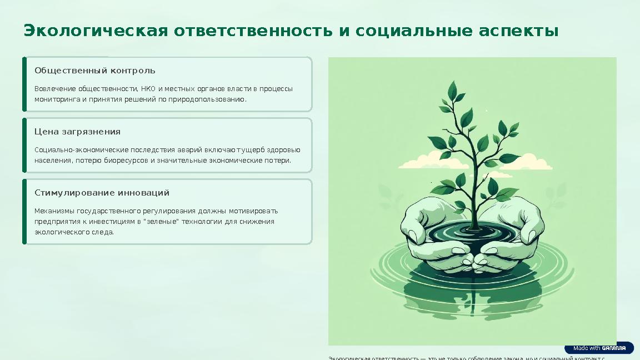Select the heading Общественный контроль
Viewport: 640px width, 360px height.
point(94,71)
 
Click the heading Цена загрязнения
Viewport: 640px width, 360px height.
point(77,132)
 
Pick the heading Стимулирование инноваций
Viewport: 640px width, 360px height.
point(102,193)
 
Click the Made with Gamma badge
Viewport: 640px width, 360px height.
point(599,348)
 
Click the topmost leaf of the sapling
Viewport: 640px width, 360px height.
point(452,89)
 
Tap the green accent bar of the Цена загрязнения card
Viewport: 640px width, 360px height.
point(24,145)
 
